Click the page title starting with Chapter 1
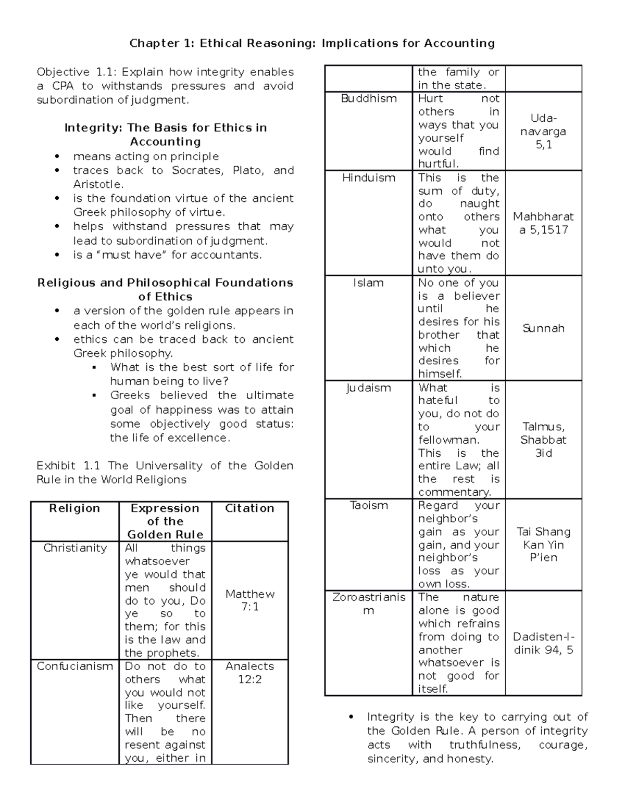coord(312,43)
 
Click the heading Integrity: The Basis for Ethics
coord(165,134)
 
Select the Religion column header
coord(74,508)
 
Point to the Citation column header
coord(249,508)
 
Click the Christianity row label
coord(75,548)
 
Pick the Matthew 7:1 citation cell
coord(250,600)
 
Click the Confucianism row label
coord(75,666)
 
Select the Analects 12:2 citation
coord(250,672)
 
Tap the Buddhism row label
coord(369,99)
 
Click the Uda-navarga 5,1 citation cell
coord(543,132)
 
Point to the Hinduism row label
coord(369,178)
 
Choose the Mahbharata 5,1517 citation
coord(543,223)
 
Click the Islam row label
coord(369,283)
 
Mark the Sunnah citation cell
coord(543,328)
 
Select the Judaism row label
coord(369,388)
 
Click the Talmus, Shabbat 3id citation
coord(543,440)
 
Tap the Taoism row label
coord(369,506)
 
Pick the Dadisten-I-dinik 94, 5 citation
coord(543,643)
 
